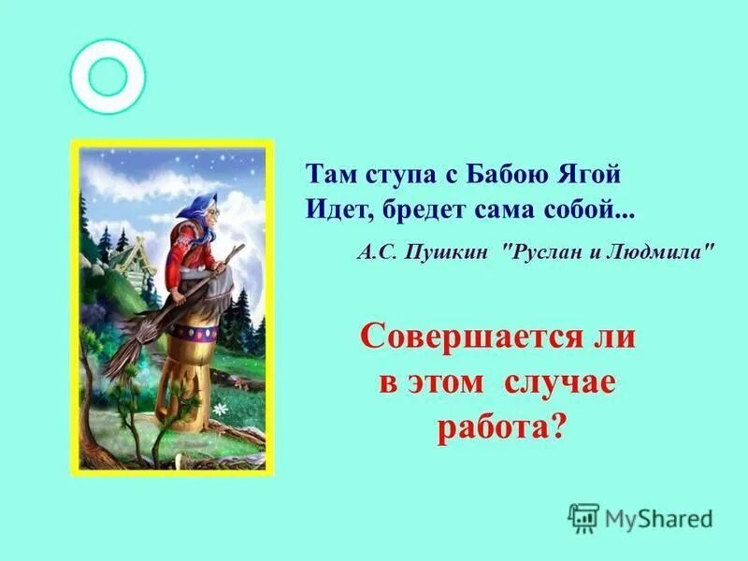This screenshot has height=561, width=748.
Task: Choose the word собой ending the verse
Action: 591,209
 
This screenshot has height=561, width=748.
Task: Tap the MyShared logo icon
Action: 583,517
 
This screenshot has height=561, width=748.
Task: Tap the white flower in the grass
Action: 221,409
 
